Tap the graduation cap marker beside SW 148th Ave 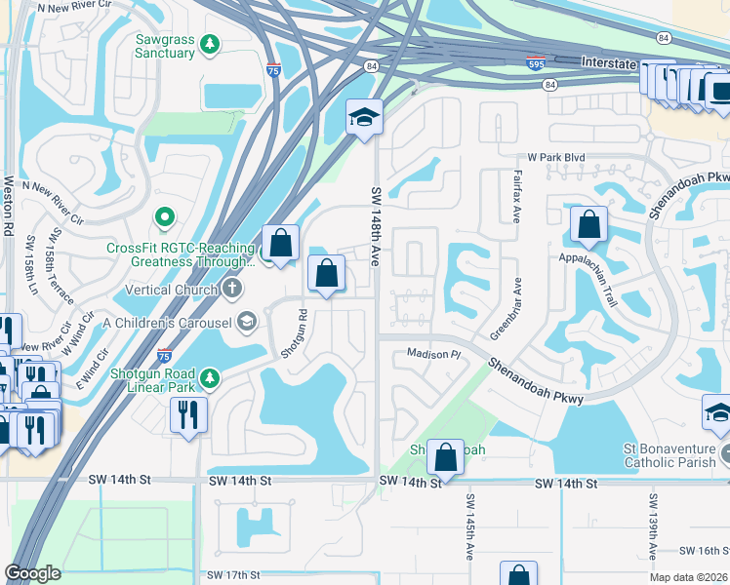tap(364, 118)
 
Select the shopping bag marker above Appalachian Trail tap(589, 225)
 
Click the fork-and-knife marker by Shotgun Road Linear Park tap(188, 413)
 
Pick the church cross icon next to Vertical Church tap(231, 288)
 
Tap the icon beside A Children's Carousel tap(247, 322)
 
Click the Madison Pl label tap(432, 354)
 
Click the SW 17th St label tap(232, 575)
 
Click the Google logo tap(33, 573)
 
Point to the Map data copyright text tap(687, 577)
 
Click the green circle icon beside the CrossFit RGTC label tap(165, 217)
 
